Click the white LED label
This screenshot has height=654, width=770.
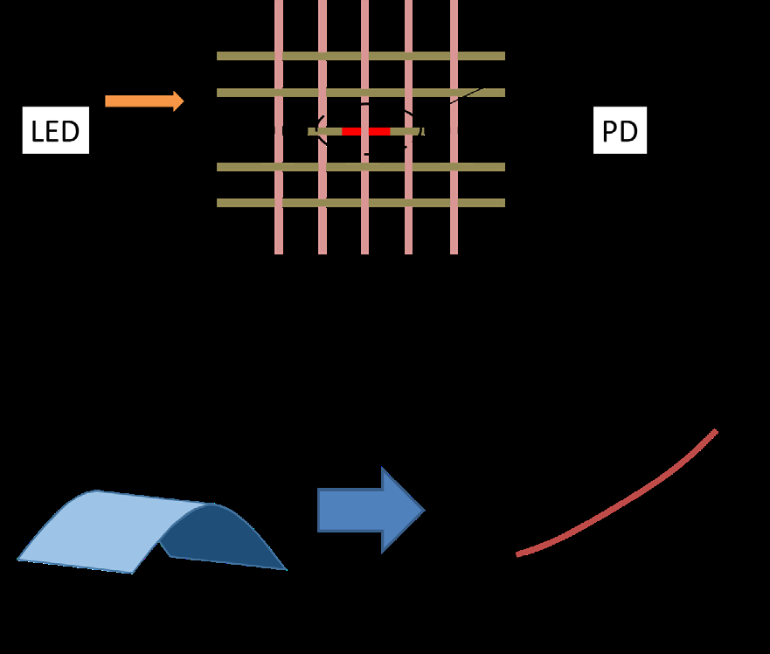55,131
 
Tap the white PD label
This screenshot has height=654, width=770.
620,130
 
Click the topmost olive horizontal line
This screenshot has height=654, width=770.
245,56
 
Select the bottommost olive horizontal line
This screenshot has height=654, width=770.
245,203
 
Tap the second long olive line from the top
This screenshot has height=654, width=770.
245,93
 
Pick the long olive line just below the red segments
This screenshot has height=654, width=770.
245,167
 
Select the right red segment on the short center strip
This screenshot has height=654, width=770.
379,131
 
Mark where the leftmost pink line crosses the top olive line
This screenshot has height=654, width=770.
279,56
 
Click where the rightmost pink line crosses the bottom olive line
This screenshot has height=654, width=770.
454,203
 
